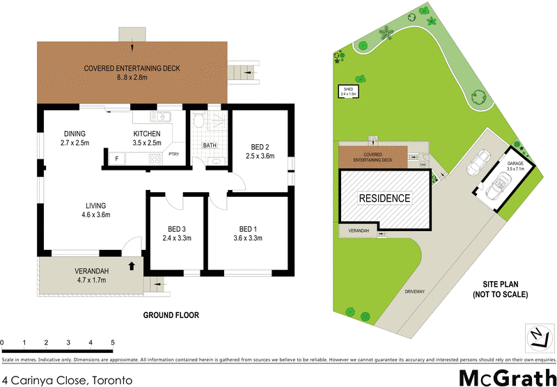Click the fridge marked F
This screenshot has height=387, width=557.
click(x=116, y=159)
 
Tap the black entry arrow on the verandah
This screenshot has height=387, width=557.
click(x=132, y=264)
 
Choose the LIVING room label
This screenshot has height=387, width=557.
click(x=95, y=205)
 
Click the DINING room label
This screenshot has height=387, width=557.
click(x=74, y=134)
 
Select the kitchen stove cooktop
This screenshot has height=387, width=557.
click(x=153, y=159)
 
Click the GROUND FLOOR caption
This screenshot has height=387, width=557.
click(x=171, y=315)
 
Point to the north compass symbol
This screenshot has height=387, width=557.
click(x=537, y=338)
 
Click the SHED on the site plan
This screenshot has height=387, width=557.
click(x=349, y=90)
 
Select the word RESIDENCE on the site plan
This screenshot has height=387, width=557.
click(x=384, y=198)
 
